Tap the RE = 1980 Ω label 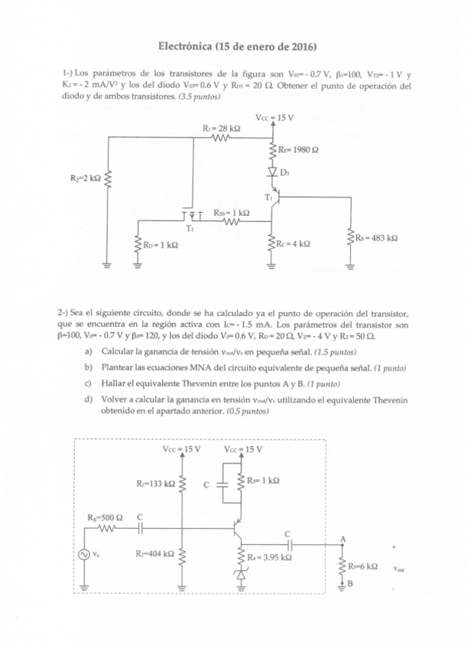pos(294,151)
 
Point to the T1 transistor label pos(268,197)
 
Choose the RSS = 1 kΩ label pos(232,212)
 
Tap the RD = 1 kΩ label pos(161,245)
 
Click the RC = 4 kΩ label pos(294,244)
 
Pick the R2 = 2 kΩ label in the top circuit pos(83,178)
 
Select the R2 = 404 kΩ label pos(154,553)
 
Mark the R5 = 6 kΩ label pos(362,566)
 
